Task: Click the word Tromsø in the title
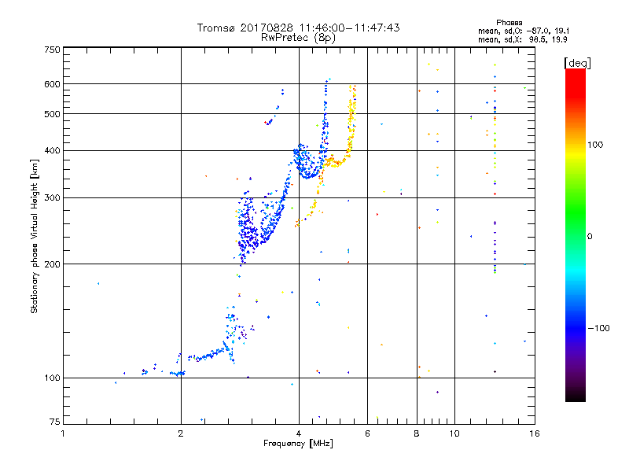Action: point(216,28)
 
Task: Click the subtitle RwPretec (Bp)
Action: point(298,37)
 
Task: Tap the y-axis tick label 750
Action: point(52,50)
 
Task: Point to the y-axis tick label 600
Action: point(52,84)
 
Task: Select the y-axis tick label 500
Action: point(52,114)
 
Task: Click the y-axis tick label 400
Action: point(52,150)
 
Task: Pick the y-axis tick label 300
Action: point(52,197)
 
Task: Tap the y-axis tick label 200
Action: point(52,264)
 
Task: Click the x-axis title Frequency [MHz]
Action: point(298,444)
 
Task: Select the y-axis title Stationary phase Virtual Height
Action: point(35,236)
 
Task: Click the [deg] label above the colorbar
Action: point(577,62)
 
